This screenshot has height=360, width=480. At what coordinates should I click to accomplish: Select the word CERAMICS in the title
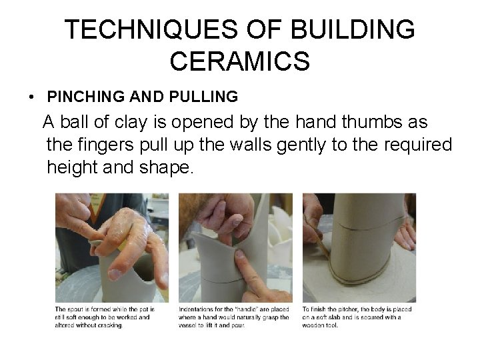point(239,61)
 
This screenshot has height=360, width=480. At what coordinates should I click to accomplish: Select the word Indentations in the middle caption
point(196,309)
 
